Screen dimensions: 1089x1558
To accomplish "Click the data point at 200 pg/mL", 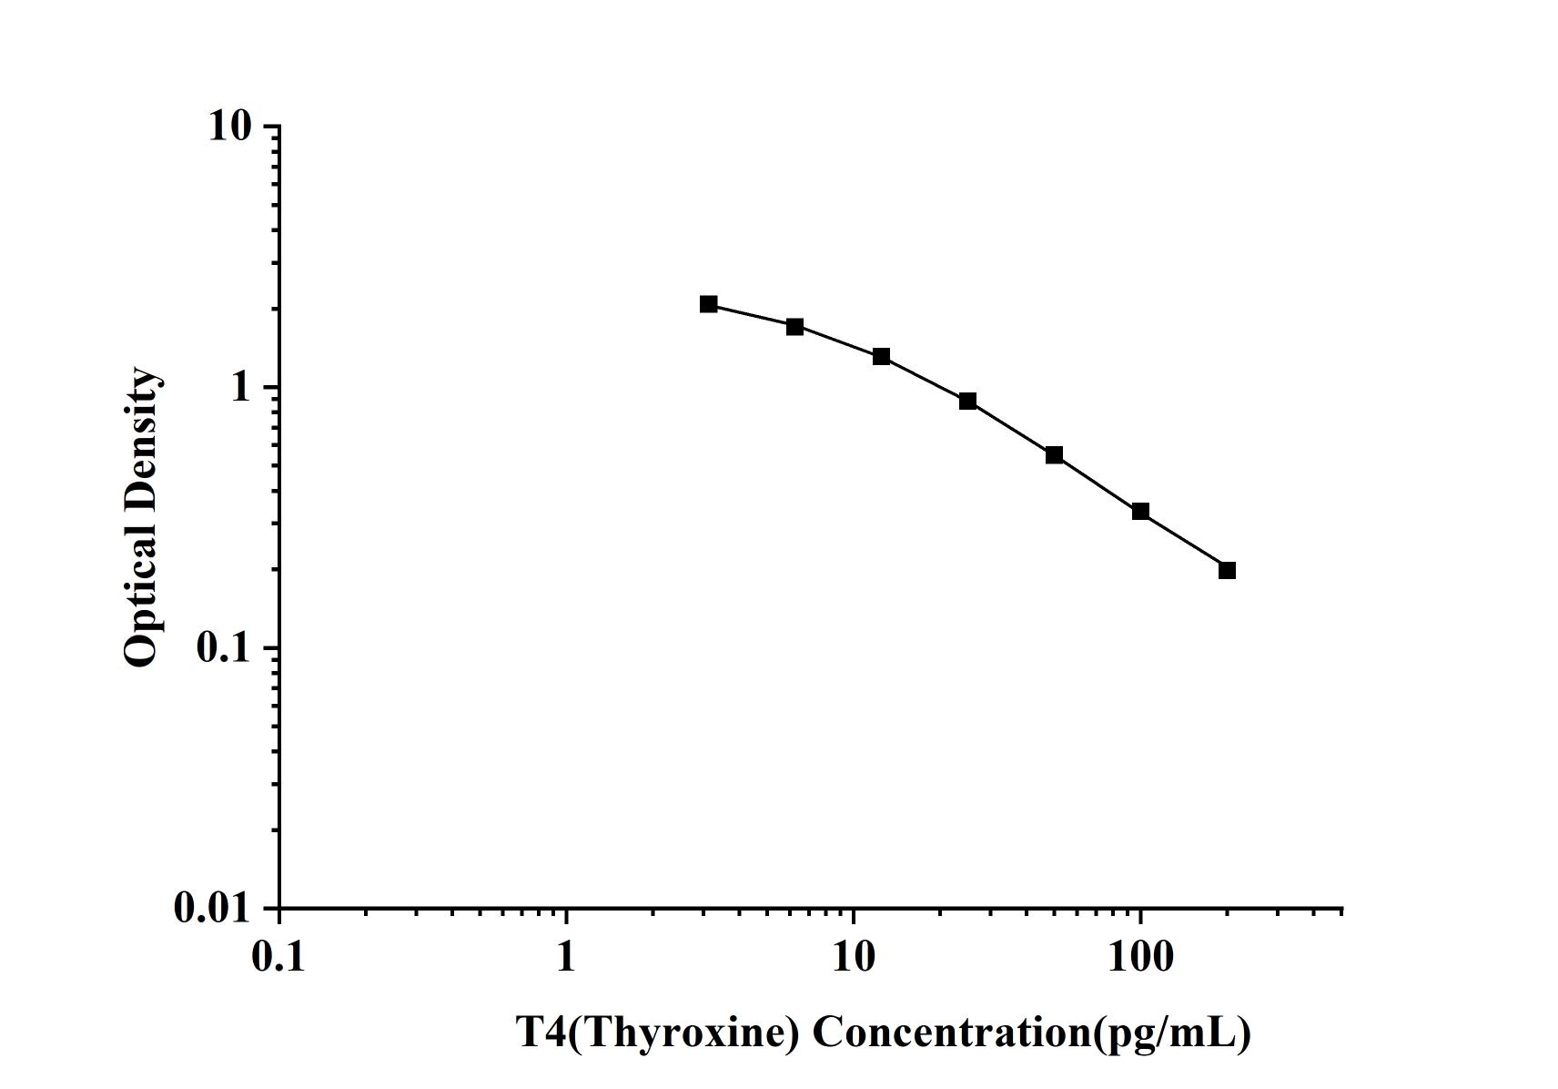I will tap(1227, 571).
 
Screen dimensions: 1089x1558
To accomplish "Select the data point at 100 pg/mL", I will tap(1140, 512).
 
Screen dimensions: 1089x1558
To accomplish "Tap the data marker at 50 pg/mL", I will tap(1054, 455).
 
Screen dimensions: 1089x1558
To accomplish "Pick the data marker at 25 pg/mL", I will tap(967, 402).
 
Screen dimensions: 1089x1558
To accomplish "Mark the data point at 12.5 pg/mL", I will tap(881, 357).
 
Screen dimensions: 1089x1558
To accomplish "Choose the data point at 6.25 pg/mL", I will tap(794, 327).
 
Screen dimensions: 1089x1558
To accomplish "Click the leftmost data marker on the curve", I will tap(708, 304).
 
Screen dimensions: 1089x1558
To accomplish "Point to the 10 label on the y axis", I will tap(228, 127).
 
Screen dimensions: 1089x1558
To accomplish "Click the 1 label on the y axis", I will tap(240, 388).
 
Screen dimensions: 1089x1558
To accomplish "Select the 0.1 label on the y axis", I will tap(222, 648).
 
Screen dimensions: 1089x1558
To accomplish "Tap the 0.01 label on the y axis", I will tap(212, 909).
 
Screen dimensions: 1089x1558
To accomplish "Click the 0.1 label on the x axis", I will tap(278, 957).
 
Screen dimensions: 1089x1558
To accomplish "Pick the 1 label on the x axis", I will tap(566, 957).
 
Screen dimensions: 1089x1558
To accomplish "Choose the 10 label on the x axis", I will tap(853, 957).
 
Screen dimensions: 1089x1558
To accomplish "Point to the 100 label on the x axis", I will tap(1140, 957).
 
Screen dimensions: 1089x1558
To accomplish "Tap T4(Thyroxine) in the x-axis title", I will tap(657, 1033).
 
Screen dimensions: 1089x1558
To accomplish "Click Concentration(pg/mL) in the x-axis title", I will tap(1031, 1033).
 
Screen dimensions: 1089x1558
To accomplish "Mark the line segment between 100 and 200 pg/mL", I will tap(1183, 541).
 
